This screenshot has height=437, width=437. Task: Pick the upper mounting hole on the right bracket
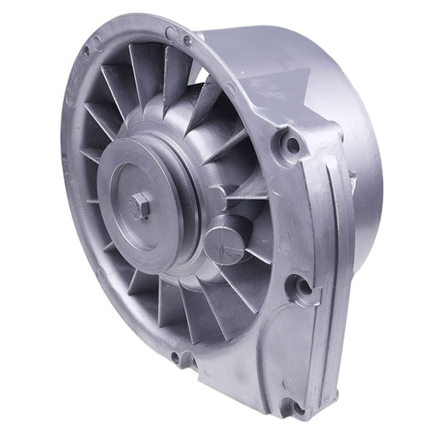click(293, 144)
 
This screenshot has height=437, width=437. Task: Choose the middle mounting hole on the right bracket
click(302, 285)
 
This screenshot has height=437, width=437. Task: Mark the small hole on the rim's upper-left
click(86, 53)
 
